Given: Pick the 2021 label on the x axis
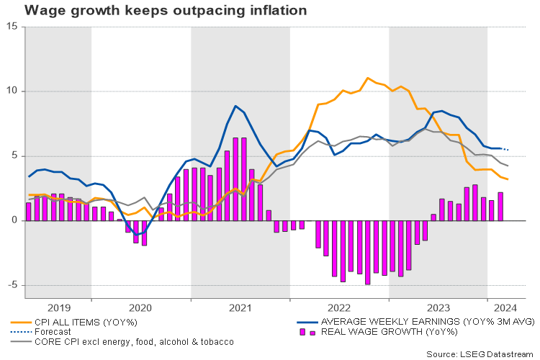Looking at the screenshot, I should click(240, 306).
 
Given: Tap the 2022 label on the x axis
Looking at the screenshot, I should click(339, 306).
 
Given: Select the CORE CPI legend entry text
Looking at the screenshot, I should click(137, 341).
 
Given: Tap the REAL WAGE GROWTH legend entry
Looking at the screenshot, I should click(389, 331).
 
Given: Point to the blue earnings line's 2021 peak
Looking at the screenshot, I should click(235, 107).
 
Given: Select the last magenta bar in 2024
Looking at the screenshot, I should click(500, 207).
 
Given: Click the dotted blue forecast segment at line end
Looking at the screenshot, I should click(505, 149).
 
